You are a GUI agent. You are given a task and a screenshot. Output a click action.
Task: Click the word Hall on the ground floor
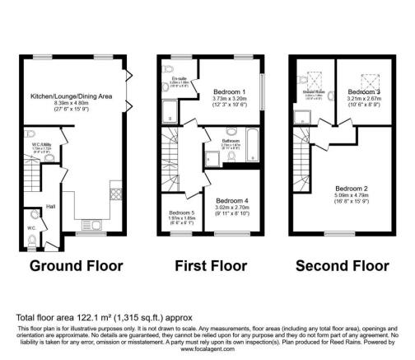[50, 206]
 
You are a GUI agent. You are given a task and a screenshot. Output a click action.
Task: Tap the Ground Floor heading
[77, 266]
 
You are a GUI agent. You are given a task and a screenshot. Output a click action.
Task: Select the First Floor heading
[211, 266]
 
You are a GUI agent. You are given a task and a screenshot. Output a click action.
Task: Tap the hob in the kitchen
[115, 195]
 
